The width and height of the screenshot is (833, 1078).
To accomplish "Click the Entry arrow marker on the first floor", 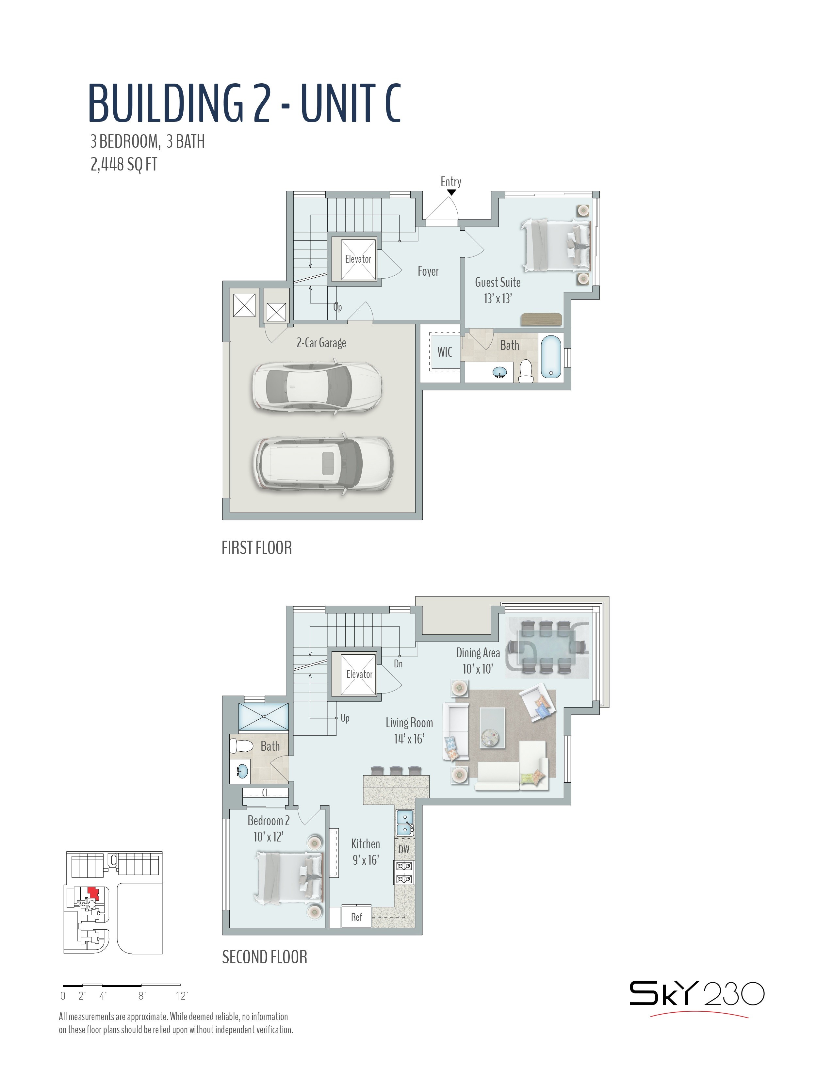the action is click(x=451, y=192).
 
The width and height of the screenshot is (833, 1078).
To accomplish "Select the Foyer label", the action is click(x=428, y=271).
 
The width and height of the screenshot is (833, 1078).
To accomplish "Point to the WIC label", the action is click(x=445, y=352).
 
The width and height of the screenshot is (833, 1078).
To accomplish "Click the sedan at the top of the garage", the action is click(x=316, y=387).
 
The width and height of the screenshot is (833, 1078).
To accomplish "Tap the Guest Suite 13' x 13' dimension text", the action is click(x=498, y=299).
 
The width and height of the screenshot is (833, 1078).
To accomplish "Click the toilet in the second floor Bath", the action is click(x=241, y=745).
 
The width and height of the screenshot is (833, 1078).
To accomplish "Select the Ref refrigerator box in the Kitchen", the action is click(x=356, y=917).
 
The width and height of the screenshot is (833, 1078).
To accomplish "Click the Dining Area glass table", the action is click(x=546, y=646).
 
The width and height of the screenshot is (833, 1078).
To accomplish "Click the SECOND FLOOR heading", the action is click(x=265, y=957).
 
